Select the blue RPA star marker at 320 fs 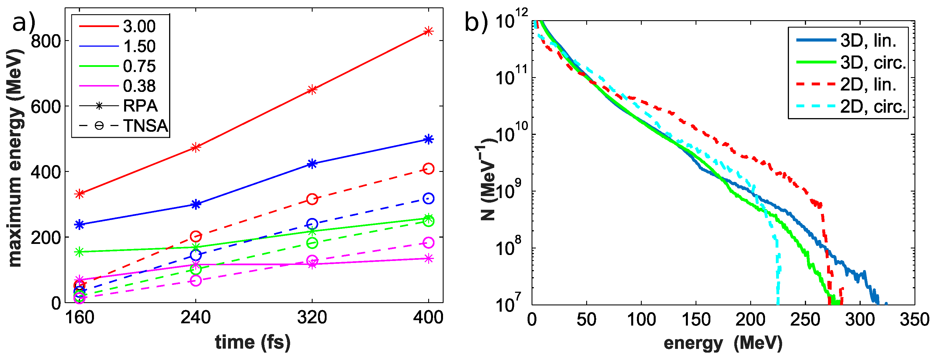point(312,164)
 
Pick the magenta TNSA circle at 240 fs point(196,281)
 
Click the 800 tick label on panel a point(45,41)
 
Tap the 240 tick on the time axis point(196,318)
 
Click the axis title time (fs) point(253,342)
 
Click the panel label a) point(24,22)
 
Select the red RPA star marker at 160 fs point(79,194)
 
